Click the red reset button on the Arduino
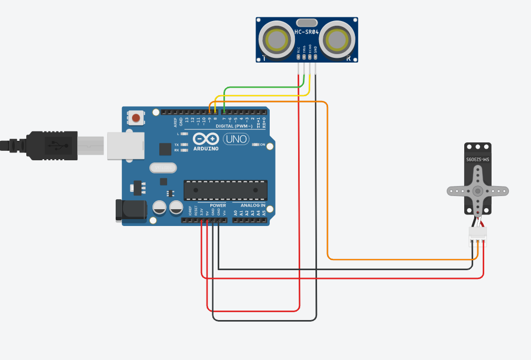(x=136, y=118)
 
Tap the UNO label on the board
(x=236, y=139)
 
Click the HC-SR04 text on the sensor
(x=307, y=33)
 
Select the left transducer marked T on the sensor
(x=277, y=39)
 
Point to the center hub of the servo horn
(x=477, y=191)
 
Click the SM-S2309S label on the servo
(x=478, y=159)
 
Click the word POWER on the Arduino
(x=218, y=205)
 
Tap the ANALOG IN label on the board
(x=253, y=205)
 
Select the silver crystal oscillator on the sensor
(x=307, y=23)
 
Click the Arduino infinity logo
(x=206, y=139)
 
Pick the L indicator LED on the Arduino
(x=184, y=134)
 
